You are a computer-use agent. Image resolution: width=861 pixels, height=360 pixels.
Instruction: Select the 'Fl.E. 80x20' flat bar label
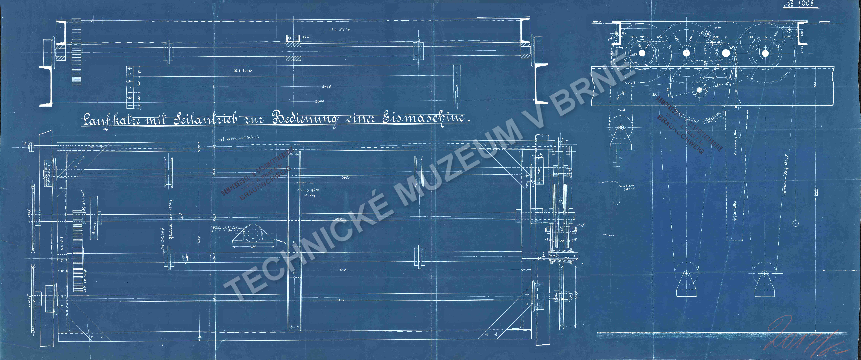[x=243, y=71]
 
